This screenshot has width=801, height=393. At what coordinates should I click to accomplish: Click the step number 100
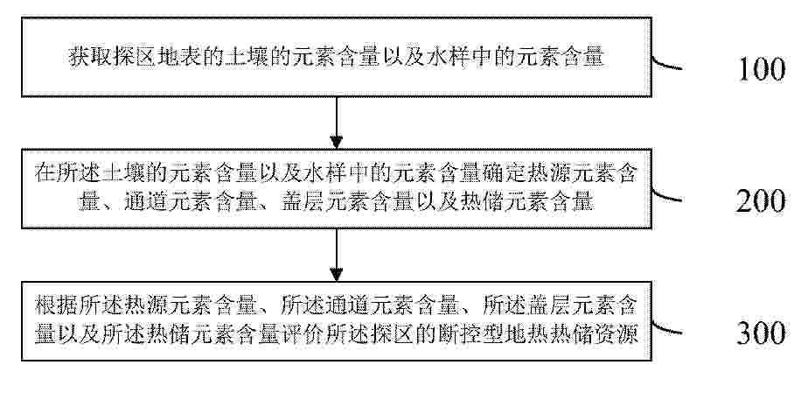pyautogui.click(x=761, y=70)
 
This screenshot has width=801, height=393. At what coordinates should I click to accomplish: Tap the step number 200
pyautogui.click(x=761, y=201)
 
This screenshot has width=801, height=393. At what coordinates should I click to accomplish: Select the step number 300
pyautogui.click(x=761, y=333)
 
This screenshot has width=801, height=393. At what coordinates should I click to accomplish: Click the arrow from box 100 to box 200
pyautogui.click(x=336, y=123)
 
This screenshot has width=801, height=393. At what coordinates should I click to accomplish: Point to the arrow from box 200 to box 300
pyautogui.click(x=336, y=255)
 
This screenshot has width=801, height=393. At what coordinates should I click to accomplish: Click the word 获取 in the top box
pyautogui.click(x=90, y=57)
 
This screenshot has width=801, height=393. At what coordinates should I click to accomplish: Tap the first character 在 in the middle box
pyautogui.click(x=45, y=174)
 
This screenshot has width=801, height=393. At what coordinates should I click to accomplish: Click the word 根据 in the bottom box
pyautogui.click(x=56, y=305)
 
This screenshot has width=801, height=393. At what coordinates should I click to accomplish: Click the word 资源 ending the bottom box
pyautogui.click(x=617, y=335)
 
